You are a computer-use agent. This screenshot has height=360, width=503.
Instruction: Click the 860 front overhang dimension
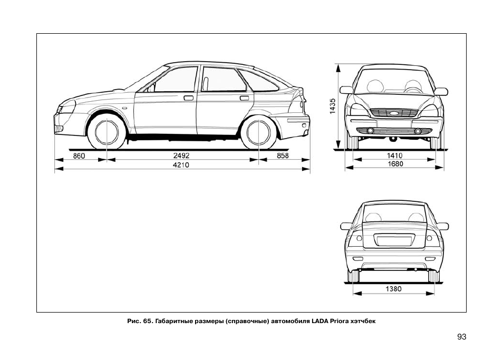[79, 156]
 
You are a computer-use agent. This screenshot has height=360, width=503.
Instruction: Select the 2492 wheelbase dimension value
[181, 156]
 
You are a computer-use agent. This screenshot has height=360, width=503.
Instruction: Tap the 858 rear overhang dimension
[283, 156]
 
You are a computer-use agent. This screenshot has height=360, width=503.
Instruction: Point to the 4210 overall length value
[181, 165]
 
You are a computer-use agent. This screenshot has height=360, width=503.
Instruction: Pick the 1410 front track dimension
[394, 155]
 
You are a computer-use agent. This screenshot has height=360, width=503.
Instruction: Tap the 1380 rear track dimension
[393, 289]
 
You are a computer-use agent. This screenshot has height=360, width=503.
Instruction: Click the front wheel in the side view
[107, 132]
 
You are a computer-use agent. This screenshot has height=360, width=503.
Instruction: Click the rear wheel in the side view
[258, 132]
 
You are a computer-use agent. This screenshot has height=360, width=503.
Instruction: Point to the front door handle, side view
[188, 98]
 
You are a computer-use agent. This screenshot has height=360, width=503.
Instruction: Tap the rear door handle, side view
[244, 98]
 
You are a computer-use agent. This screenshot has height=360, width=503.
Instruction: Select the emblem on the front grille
[394, 112]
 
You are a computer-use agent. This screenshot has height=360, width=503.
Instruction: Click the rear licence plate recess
[393, 239]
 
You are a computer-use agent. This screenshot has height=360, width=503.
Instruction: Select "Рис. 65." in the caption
[140, 320]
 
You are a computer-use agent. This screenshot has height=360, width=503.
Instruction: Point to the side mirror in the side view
[151, 89]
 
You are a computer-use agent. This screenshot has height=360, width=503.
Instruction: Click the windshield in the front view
[394, 82]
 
